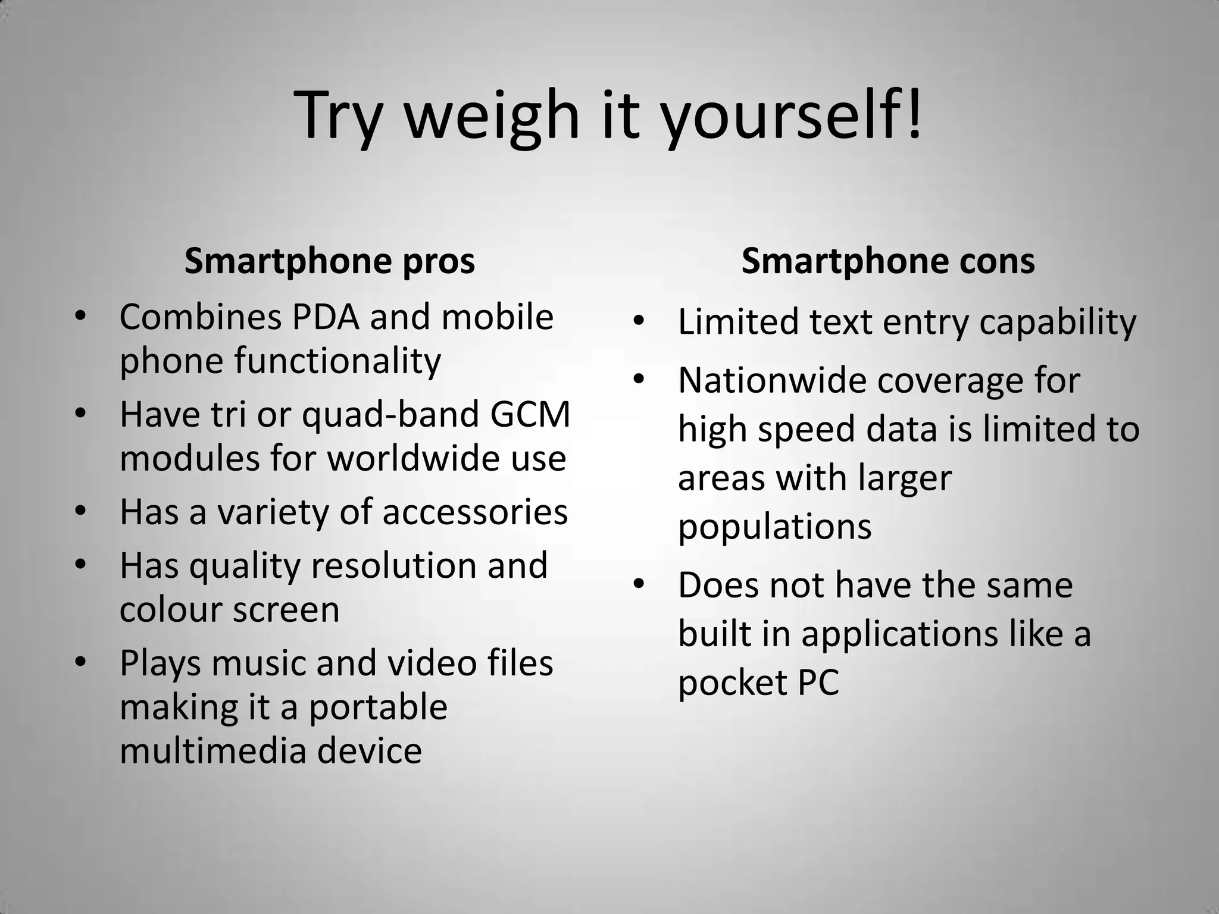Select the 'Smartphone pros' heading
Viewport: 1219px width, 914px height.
(330, 261)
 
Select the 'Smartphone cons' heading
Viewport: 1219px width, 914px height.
(888, 261)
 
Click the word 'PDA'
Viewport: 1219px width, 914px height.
(326, 317)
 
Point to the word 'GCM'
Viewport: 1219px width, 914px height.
(530, 414)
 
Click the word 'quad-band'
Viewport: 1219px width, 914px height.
(390, 415)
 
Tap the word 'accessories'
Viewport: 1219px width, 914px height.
(475, 512)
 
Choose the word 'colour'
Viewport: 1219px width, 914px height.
(169, 609)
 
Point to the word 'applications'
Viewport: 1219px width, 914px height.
(899, 633)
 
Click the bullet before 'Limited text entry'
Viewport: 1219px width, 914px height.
(639, 321)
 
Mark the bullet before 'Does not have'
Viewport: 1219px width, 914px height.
(639, 584)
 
